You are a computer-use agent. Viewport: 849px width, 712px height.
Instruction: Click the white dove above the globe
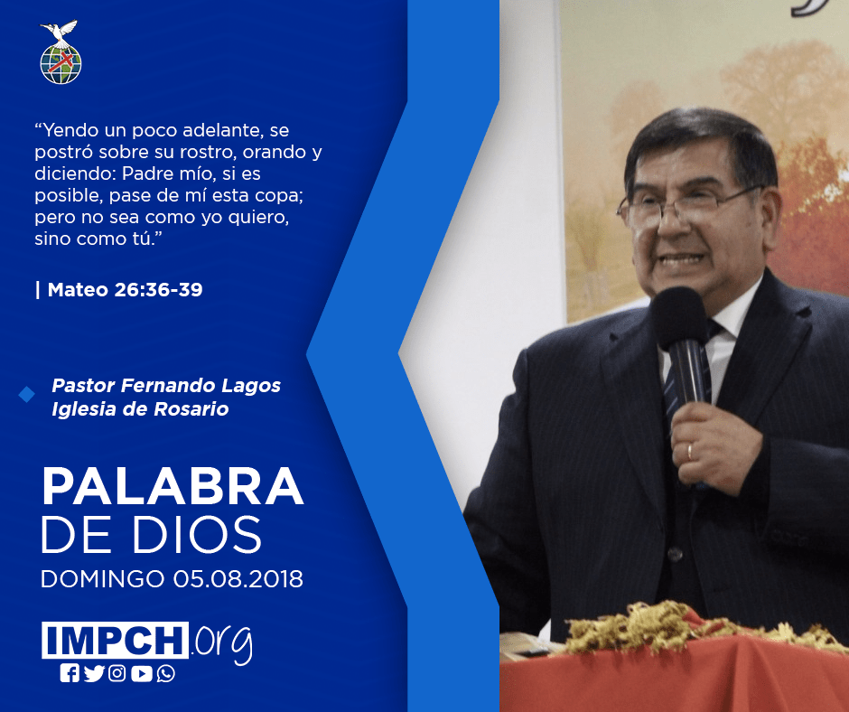(x=60, y=32)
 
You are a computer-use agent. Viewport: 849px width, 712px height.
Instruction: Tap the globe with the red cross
(x=61, y=64)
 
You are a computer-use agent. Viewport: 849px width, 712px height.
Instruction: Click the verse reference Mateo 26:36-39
(x=125, y=290)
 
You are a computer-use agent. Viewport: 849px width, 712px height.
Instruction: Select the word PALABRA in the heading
(x=173, y=486)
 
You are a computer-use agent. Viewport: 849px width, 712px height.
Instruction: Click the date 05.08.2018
(x=238, y=578)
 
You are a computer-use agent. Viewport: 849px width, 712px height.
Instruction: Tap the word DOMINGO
(x=102, y=578)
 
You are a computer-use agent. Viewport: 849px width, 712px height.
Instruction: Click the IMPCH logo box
(x=115, y=640)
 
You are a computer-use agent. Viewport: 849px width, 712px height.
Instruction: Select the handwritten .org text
(x=222, y=643)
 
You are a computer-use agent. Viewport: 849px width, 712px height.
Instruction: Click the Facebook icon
(x=70, y=673)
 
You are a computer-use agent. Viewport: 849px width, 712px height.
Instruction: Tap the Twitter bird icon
(x=94, y=673)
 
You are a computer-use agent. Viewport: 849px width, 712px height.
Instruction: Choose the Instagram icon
(x=117, y=673)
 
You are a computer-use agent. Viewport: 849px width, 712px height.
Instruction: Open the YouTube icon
(x=141, y=673)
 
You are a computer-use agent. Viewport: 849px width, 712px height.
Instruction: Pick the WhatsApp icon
(x=165, y=673)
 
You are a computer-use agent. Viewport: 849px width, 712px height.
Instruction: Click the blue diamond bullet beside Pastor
(x=26, y=395)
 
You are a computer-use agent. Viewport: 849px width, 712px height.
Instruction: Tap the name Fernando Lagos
(x=201, y=385)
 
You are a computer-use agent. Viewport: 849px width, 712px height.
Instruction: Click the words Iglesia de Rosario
(x=140, y=408)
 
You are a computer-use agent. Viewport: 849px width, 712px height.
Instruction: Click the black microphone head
(x=679, y=317)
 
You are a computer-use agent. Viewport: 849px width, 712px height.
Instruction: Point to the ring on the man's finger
(x=690, y=452)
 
